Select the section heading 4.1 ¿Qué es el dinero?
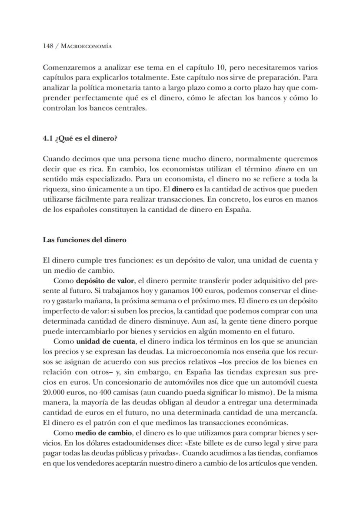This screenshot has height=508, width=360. tap(80, 139)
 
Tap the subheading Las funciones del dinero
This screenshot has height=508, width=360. tap(84, 240)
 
